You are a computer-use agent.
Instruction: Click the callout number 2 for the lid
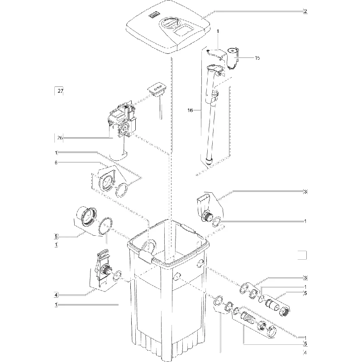305,11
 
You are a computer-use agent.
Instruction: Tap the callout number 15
257,58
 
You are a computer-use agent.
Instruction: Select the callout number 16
190,110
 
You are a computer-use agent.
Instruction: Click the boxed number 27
60,91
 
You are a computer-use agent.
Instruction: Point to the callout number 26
60,138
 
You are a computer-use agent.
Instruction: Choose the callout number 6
56,162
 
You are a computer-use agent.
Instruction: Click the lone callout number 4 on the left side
56,295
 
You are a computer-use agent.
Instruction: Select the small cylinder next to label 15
233,58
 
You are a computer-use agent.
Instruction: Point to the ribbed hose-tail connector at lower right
248,318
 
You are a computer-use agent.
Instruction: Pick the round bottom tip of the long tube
209,162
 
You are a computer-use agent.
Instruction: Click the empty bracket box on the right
302,255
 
